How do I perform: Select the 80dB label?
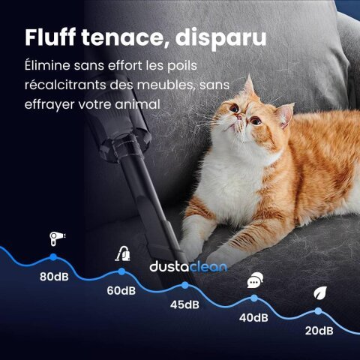[x=55, y=276]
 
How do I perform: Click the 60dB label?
[x=120, y=291]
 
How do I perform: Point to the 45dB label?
[x=184, y=304]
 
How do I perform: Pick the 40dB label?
[x=253, y=317]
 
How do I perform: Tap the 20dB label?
[x=319, y=331]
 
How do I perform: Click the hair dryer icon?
[x=55, y=239]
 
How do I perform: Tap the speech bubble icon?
[x=254, y=281]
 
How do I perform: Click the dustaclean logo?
[x=188, y=267]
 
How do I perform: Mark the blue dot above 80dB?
[x=53, y=258]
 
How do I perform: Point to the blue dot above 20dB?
[x=319, y=310]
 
